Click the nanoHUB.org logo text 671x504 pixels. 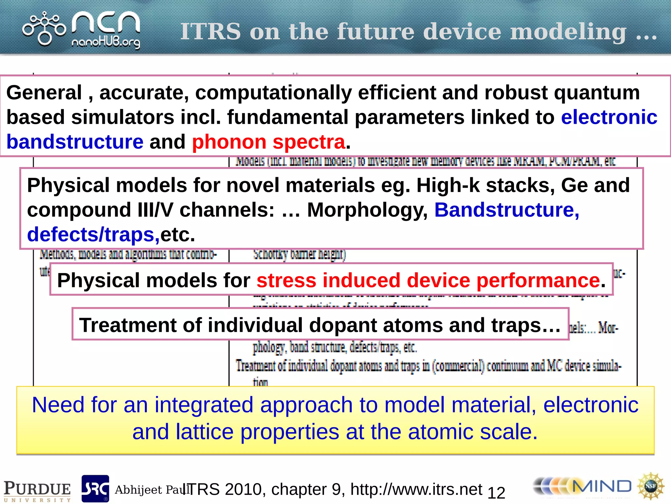point(105,43)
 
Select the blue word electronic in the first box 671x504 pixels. point(609,117)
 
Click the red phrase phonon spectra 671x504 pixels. point(268,142)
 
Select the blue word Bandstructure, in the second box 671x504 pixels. point(507,210)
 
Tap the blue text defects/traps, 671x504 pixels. point(93,235)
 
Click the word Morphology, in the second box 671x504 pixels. point(367,210)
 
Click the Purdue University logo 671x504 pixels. point(37,491)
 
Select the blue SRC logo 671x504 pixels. point(95,489)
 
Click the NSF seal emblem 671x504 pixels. point(650,486)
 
